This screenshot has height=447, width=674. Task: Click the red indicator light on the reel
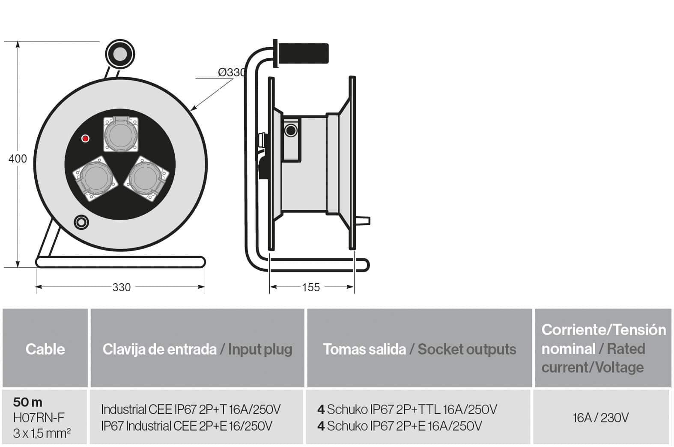click(86, 139)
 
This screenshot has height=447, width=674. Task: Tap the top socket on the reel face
click(121, 134)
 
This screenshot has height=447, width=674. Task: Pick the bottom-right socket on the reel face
click(146, 178)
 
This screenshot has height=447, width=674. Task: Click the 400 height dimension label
click(18, 159)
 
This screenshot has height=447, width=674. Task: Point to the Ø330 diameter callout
click(232, 72)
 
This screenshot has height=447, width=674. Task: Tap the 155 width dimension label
click(311, 287)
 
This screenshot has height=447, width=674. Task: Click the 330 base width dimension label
click(122, 287)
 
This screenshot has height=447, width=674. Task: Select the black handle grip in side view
click(303, 54)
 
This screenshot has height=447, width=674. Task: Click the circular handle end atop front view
click(120, 54)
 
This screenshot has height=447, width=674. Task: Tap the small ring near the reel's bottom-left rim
click(81, 223)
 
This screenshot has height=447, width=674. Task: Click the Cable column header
click(45, 349)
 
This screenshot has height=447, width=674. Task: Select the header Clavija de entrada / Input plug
click(197, 349)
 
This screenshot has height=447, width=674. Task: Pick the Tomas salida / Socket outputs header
click(420, 349)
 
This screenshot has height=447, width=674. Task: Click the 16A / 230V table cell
click(601, 418)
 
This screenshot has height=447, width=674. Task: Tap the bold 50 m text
click(28, 402)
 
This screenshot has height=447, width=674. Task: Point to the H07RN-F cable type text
click(39, 418)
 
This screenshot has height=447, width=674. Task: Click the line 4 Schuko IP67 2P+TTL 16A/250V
click(407, 409)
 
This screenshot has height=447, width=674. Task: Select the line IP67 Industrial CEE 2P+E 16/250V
click(187, 426)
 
